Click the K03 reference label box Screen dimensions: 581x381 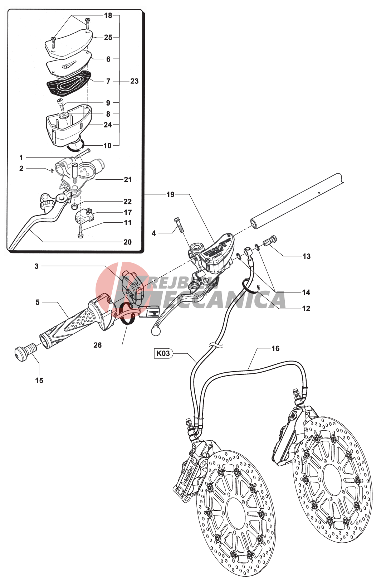tap(163, 354)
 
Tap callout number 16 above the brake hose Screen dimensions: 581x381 tap(275, 349)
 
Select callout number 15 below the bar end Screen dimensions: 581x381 tap(39, 381)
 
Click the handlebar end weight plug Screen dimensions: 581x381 tap(23, 351)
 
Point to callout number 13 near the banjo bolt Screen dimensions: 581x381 tap(307, 256)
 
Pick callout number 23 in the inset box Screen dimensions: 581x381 tap(134, 81)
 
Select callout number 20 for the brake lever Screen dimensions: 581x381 tap(127, 242)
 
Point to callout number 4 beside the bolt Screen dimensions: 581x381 tap(154, 233)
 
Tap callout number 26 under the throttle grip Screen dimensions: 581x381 tap(97, 345)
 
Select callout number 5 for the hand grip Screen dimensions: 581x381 tap(38, 302)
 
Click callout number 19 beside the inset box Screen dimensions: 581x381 tap(171, 195)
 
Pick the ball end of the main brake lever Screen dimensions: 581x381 tap(156, 331)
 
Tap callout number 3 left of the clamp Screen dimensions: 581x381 tap(36, 266)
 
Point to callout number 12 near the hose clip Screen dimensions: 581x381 tap(306, 309)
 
